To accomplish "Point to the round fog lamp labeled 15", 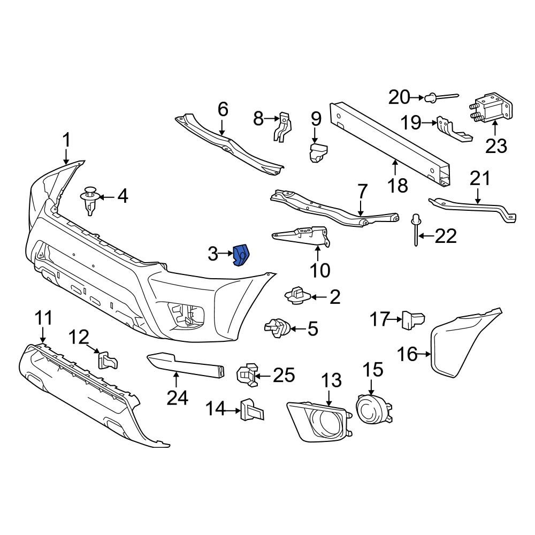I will [x=370, y=409].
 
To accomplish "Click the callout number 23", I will [x=495, y=145].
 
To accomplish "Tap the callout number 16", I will [x=407, y=354].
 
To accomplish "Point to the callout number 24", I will [x=177, y=398].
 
